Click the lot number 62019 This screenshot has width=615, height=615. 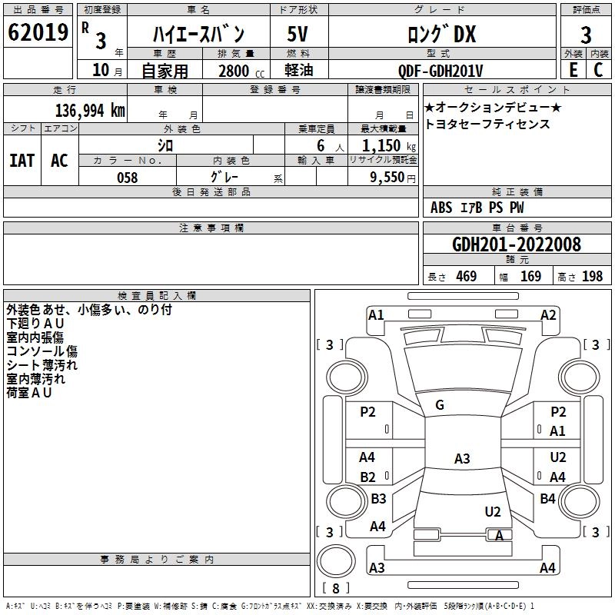pyautogui.click(x=38, y=33)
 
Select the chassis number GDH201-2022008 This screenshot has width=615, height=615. pyautogui.click(x=517, y=244)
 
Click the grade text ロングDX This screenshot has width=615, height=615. pyautogui.click(x=441, y=34)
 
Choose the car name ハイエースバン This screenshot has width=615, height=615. pyautogui.click(x=198, y=34)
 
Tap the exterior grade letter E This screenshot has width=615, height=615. pyautogui.click(x=573, y=70)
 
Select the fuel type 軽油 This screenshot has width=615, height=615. pyautogui.click(x=300, y=71)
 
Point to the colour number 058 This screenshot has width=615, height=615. pyautogui.click(x=127, y=178)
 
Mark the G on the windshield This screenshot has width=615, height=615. pyautogui.click(x=440, y=405)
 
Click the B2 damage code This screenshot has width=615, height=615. pyautogui.click(x=368, y=477)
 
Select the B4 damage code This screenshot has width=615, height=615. pyautogui.click(x=547, y=499)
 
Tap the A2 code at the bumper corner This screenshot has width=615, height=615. pyautogui.click(x=548, y=314)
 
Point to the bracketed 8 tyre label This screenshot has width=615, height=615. pyautogui.click(x=335, y=589)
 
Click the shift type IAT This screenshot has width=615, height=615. pyautogui.click(x=22, y=160)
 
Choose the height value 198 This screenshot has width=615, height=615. pyautogui.click(x=592, y=277)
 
